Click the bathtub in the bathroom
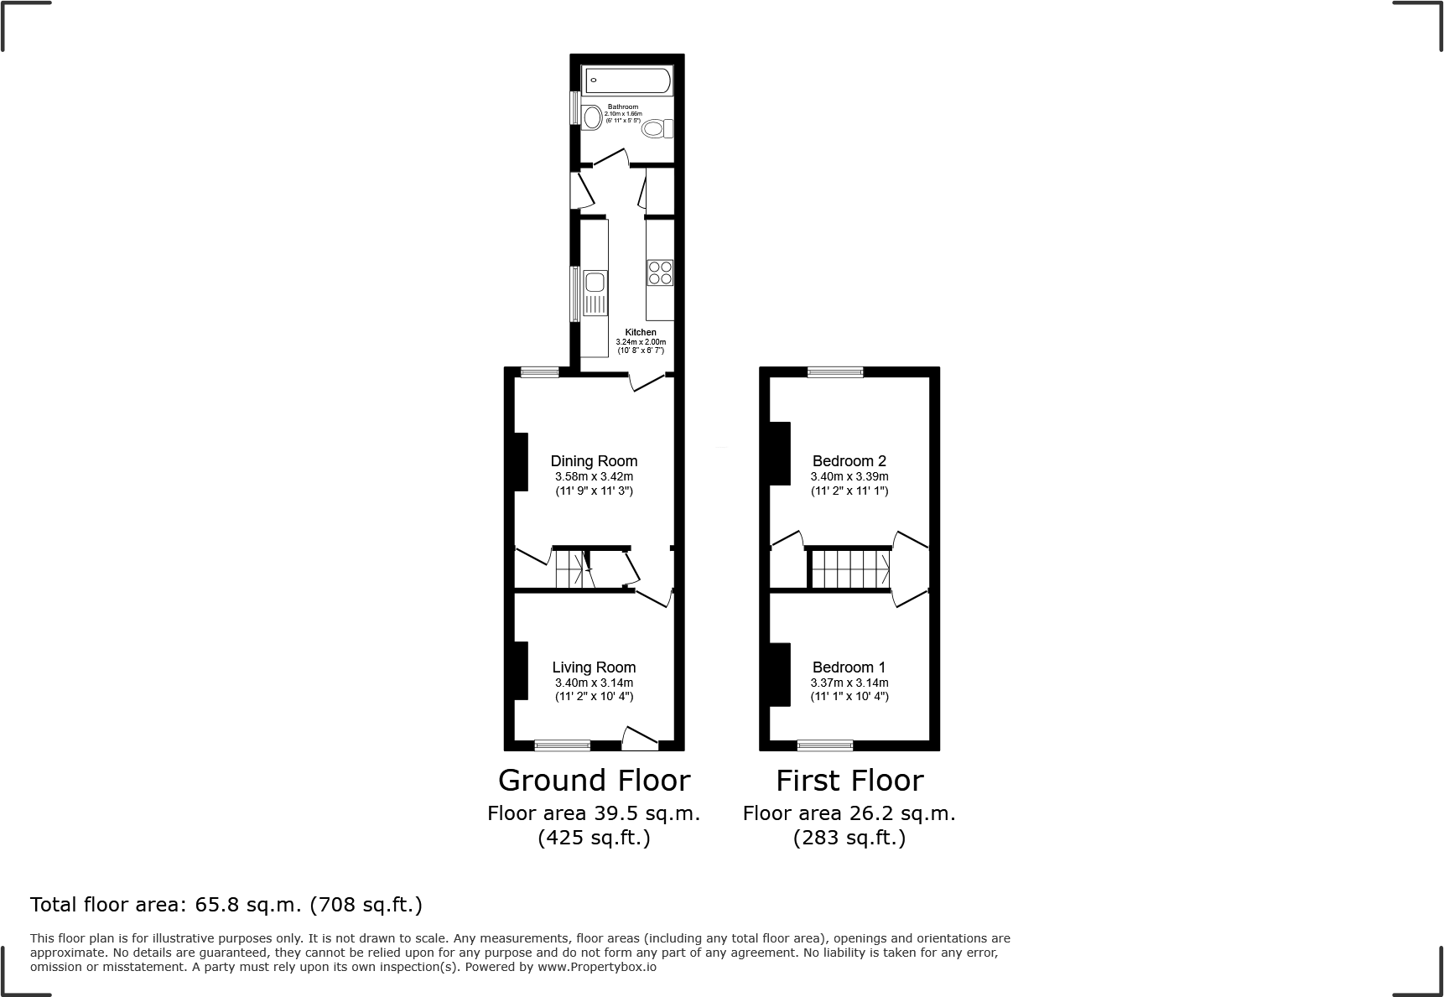[627, 81]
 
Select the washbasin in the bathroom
[591, 117]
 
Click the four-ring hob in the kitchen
[660, 273]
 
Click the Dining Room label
[594, 461]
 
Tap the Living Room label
[594, 667]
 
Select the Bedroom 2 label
[849, 461]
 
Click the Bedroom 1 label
[849, 667]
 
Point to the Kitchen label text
[641, 332]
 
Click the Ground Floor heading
[594, 781]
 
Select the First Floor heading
[849, 781]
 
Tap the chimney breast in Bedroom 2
[780, 453]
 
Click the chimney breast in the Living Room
[521, 671]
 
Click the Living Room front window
[562, 745]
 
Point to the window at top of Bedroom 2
[834, 372]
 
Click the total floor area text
[226, 905]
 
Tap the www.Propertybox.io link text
[596, 967]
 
